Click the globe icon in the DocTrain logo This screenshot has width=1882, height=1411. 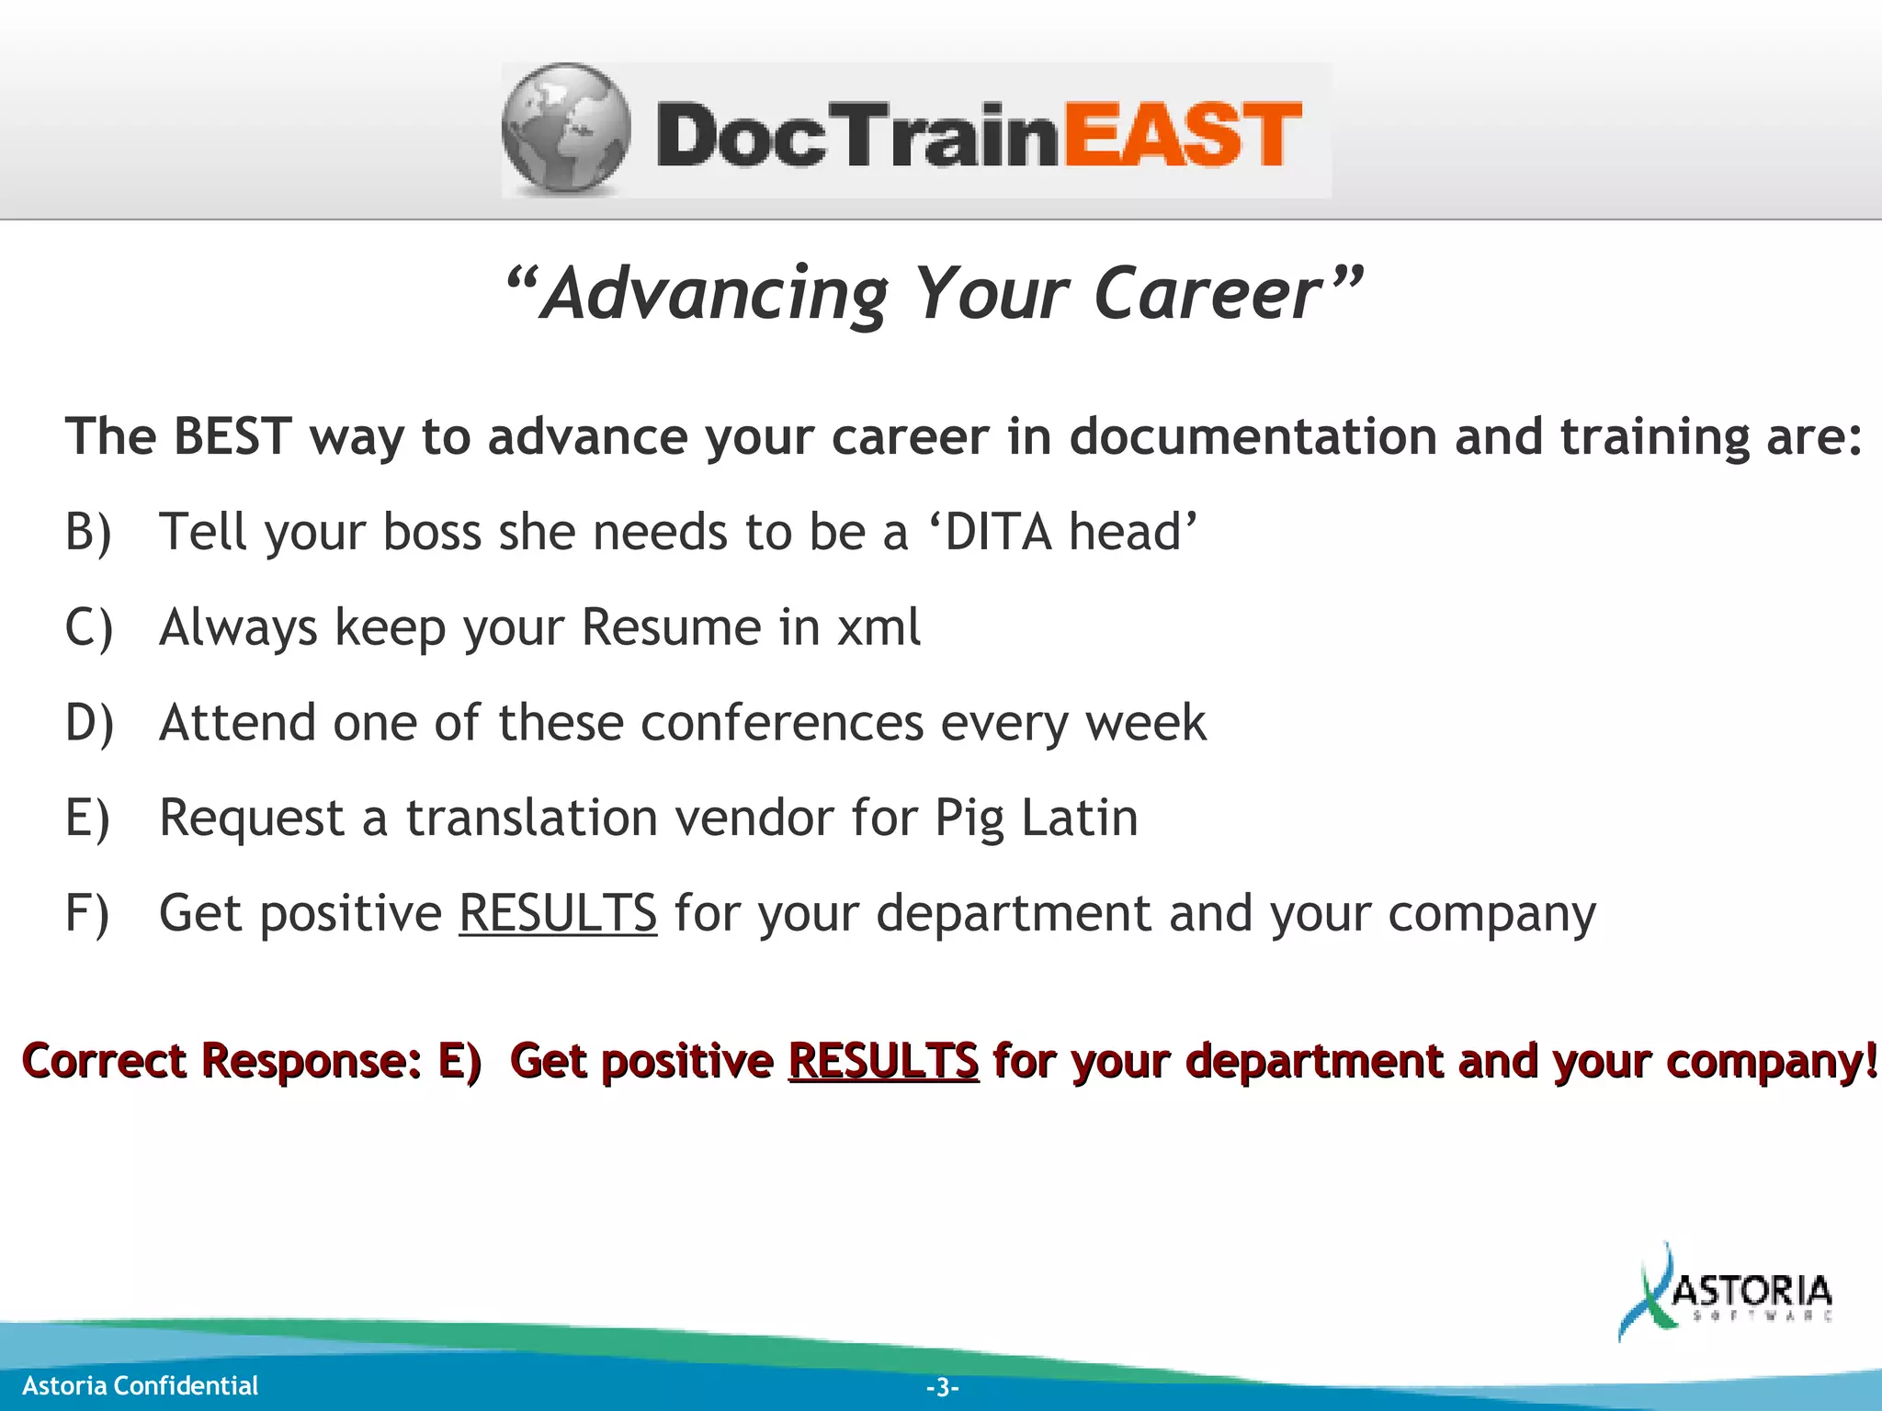[x=567, y=130]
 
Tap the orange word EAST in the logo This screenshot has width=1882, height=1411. [x=1183, y=135]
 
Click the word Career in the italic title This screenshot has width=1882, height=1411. [x=1207, y=294]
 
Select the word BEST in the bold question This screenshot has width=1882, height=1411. [x=232, y=436]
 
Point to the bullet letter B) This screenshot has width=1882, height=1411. [x=88, y=532]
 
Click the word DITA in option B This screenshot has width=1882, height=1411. [x=998, y=532]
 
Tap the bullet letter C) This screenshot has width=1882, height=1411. [x=88, y=627]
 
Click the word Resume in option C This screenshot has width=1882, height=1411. [x=672, y=627]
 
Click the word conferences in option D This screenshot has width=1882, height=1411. [x=781, y=723]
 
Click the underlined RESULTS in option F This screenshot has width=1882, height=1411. [x=558, y=914]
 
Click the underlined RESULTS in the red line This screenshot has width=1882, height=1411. [x=883, y=1061]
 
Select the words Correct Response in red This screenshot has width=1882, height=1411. [x=221, y=1061]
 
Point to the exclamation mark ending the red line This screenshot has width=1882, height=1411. [x=1871, y=1061]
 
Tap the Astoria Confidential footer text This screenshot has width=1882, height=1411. [x=140, y=1385]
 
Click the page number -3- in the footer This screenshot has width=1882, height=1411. [x=942, y=1387]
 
